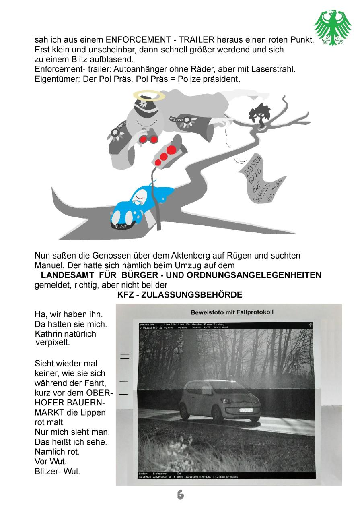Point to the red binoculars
coord(148,139)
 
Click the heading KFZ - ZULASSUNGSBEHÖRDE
coord(180,295)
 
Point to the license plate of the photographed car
coord(237,410)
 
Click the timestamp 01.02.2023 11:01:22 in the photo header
coord(151,327)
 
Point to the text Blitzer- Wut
coord(58,471)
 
